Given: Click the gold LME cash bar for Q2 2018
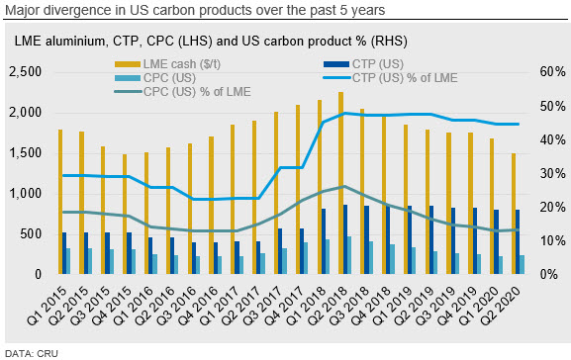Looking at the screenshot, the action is (x=340, y=183).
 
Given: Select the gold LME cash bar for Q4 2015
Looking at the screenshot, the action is (x=125, y=214).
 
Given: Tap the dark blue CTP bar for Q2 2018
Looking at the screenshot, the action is (x=345, y=239).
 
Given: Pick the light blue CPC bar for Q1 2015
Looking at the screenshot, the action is (x=68, y=261).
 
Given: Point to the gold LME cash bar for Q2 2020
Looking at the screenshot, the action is (x=514, y=214).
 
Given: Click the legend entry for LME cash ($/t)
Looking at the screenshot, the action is (x=167, y=64).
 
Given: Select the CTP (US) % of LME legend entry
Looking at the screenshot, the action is (x=390, y=78).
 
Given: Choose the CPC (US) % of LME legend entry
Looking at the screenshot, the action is (x=182, y=91).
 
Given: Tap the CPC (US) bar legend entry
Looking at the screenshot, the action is (x=155, y=78).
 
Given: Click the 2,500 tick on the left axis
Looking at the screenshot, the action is (x=26, y=72).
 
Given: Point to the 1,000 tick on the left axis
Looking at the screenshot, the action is (x=26, y=193).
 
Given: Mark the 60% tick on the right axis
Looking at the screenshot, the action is (x=552, y=72).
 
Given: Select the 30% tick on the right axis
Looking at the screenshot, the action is (x=552, y=173).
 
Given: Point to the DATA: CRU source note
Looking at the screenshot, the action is (x=32, y=353).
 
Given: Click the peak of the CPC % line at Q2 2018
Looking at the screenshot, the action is (x=344, y=186).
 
